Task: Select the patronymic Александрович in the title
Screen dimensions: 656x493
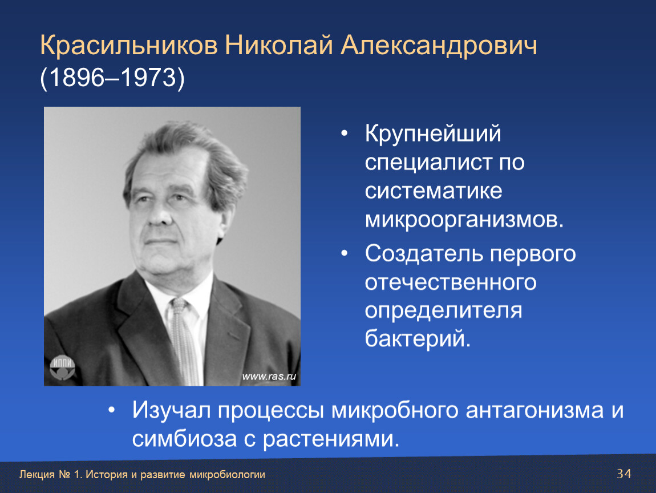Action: tap(439, 46)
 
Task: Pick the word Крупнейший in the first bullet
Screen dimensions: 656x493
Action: tap(433, 134)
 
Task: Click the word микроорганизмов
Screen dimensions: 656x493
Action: tap(464, 219)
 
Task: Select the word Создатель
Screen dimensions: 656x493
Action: tap(423, 253)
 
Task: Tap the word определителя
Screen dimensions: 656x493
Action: tap(443, 311)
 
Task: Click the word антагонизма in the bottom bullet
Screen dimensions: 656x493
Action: tap(534, 410)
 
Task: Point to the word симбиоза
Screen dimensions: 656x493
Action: tap(184, 439)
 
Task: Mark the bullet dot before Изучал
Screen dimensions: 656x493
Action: tap(111, 411)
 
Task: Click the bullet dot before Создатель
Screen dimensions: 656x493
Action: tap(345, 253)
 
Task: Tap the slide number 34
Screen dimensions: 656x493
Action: tap(624, 474)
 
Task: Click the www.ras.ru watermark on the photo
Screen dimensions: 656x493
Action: tap(269, 376)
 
